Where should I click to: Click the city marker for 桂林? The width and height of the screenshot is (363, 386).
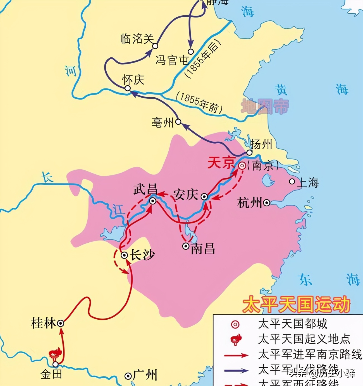[61, 323]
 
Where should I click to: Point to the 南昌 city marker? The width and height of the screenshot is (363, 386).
[186, 246]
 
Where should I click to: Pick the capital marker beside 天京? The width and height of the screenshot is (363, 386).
[242, 166]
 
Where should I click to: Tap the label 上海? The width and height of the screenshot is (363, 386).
[308, 183]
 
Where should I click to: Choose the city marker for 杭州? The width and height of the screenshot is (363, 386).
[267, 203]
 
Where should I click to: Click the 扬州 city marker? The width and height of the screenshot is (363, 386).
[249, 153]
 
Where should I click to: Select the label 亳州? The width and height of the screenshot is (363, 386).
[163, 122]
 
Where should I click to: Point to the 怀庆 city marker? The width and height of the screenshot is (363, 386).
[127, 88]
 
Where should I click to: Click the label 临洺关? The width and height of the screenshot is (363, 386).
[137, 39]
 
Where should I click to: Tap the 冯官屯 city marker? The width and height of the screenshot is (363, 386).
[191, 52]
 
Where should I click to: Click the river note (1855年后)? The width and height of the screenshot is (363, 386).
[203, 59]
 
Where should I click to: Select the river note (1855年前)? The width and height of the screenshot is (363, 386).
[199, 103]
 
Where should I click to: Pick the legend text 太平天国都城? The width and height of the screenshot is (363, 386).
[292, 324]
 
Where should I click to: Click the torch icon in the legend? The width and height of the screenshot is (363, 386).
[235, 339]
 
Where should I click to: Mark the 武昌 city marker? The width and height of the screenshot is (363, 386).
[153, 201]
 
